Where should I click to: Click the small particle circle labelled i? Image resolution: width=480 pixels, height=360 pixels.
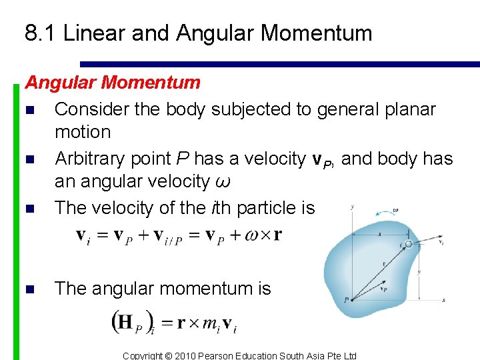(x=409, y=244)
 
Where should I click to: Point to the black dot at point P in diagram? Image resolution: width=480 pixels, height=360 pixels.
(x=351, y=299)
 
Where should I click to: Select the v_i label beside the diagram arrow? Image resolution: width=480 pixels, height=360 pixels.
(x=442, y=244)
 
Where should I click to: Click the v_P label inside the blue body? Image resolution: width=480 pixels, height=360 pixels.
(x=384, y=290)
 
